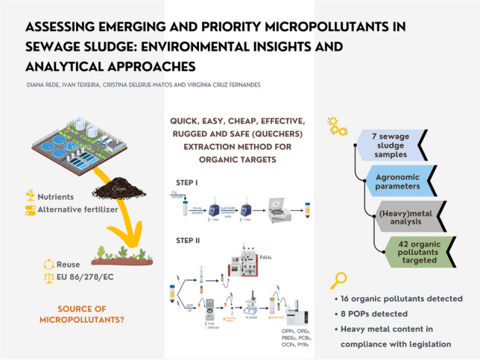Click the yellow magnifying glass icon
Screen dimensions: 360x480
click(x=339, y=281)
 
